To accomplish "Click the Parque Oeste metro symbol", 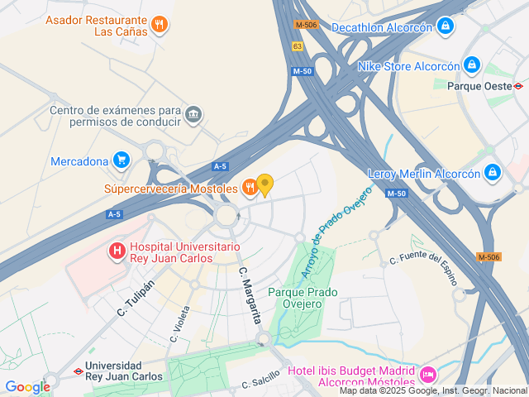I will [518, 85].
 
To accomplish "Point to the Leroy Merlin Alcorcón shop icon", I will [493, 173].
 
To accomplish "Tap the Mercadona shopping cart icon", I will [122, 160].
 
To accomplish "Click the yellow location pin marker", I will [265, 184].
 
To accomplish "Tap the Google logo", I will [27, 386].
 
